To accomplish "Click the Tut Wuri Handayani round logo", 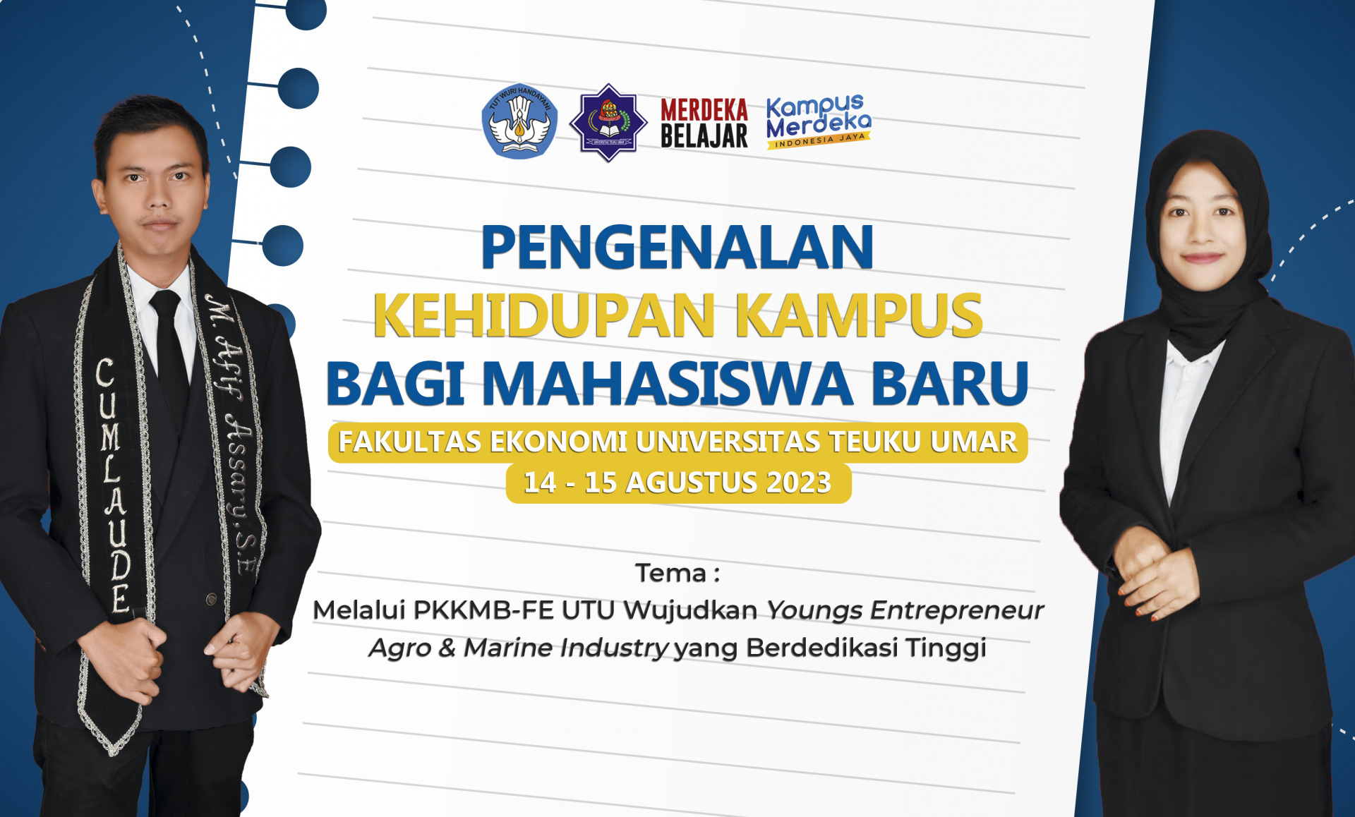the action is [519, 121].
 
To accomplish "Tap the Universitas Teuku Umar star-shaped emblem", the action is [608, 123].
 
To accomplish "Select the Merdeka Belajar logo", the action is [704, 123].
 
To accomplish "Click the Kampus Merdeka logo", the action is [819, 121].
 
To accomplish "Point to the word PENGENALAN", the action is [677, 247].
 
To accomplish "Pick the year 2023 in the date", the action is [799, 483].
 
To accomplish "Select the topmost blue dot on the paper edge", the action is [306, 12].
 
